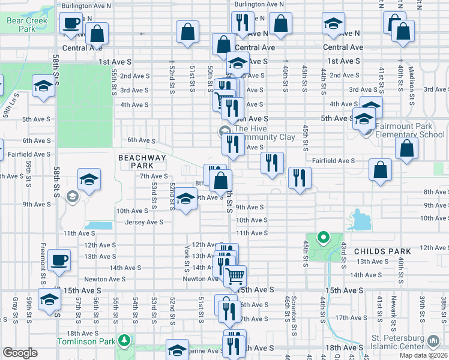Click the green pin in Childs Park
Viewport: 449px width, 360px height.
pyautogui.click(x=324, y=238)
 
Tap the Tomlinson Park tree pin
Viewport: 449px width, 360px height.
pyautogui.click(x=124, y=341)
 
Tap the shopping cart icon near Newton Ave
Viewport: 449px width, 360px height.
pyautogui.click(x=235, y=276)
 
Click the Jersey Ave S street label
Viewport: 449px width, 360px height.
pyautogui.click(x=144, y=222)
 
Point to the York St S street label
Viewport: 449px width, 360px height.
pyautogui.click(x=187, y=257)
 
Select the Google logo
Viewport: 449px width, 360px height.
pyautogui.click(x=20, y=353)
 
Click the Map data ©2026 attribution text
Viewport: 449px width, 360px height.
pyautogui.click(x=423, y=356)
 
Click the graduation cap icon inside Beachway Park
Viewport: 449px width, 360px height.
pyautogui.click(x=89, y=180)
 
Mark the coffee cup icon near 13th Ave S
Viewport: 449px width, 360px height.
pyautogui.click(x=59, y=260)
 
